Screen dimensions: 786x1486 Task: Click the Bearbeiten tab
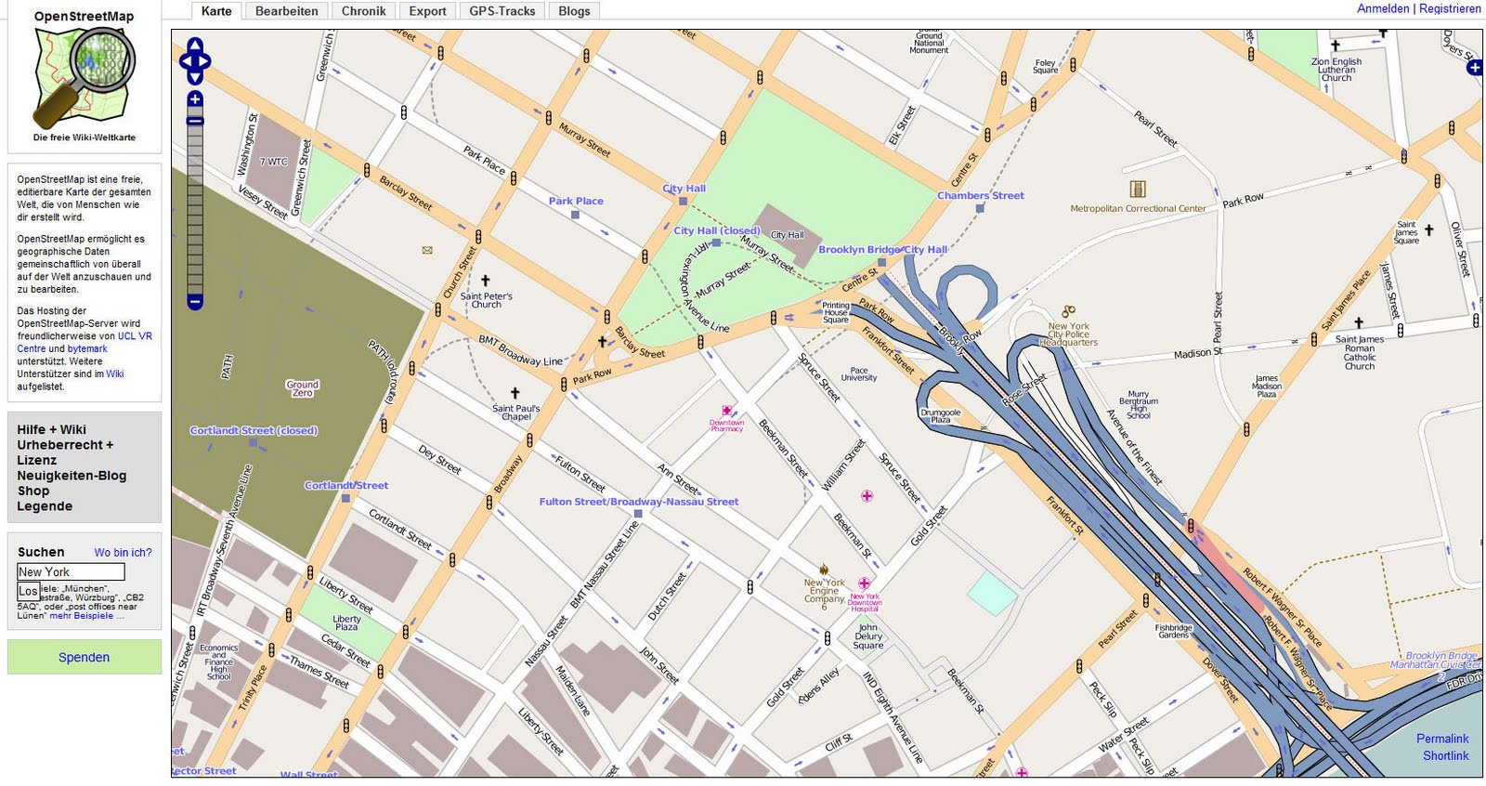point(286,11)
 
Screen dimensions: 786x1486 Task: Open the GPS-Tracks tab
point(502,11)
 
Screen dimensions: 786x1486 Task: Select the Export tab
point(427,11)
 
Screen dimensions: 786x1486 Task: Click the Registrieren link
point(1450,8)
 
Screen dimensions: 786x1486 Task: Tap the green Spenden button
point(84,657)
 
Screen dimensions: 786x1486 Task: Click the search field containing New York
point(71,572)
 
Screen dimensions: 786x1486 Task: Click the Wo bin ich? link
point(123,552)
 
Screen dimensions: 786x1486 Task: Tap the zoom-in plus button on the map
point(195,98)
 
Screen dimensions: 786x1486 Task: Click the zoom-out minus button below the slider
point(195,302)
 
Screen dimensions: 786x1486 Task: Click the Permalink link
point(1442,739)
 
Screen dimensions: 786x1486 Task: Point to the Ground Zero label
point(302,388)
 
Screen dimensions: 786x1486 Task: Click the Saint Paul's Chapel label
point(515,413)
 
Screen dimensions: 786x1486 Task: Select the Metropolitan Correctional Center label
point(1138,208)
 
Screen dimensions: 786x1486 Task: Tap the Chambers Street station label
point(980,196)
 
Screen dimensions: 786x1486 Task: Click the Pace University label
point(859,373)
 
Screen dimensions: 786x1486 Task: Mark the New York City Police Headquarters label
point(1068,334)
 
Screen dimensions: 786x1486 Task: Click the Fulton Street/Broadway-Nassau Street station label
point(639,502)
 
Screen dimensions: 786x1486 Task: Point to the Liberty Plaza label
point(346,622)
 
